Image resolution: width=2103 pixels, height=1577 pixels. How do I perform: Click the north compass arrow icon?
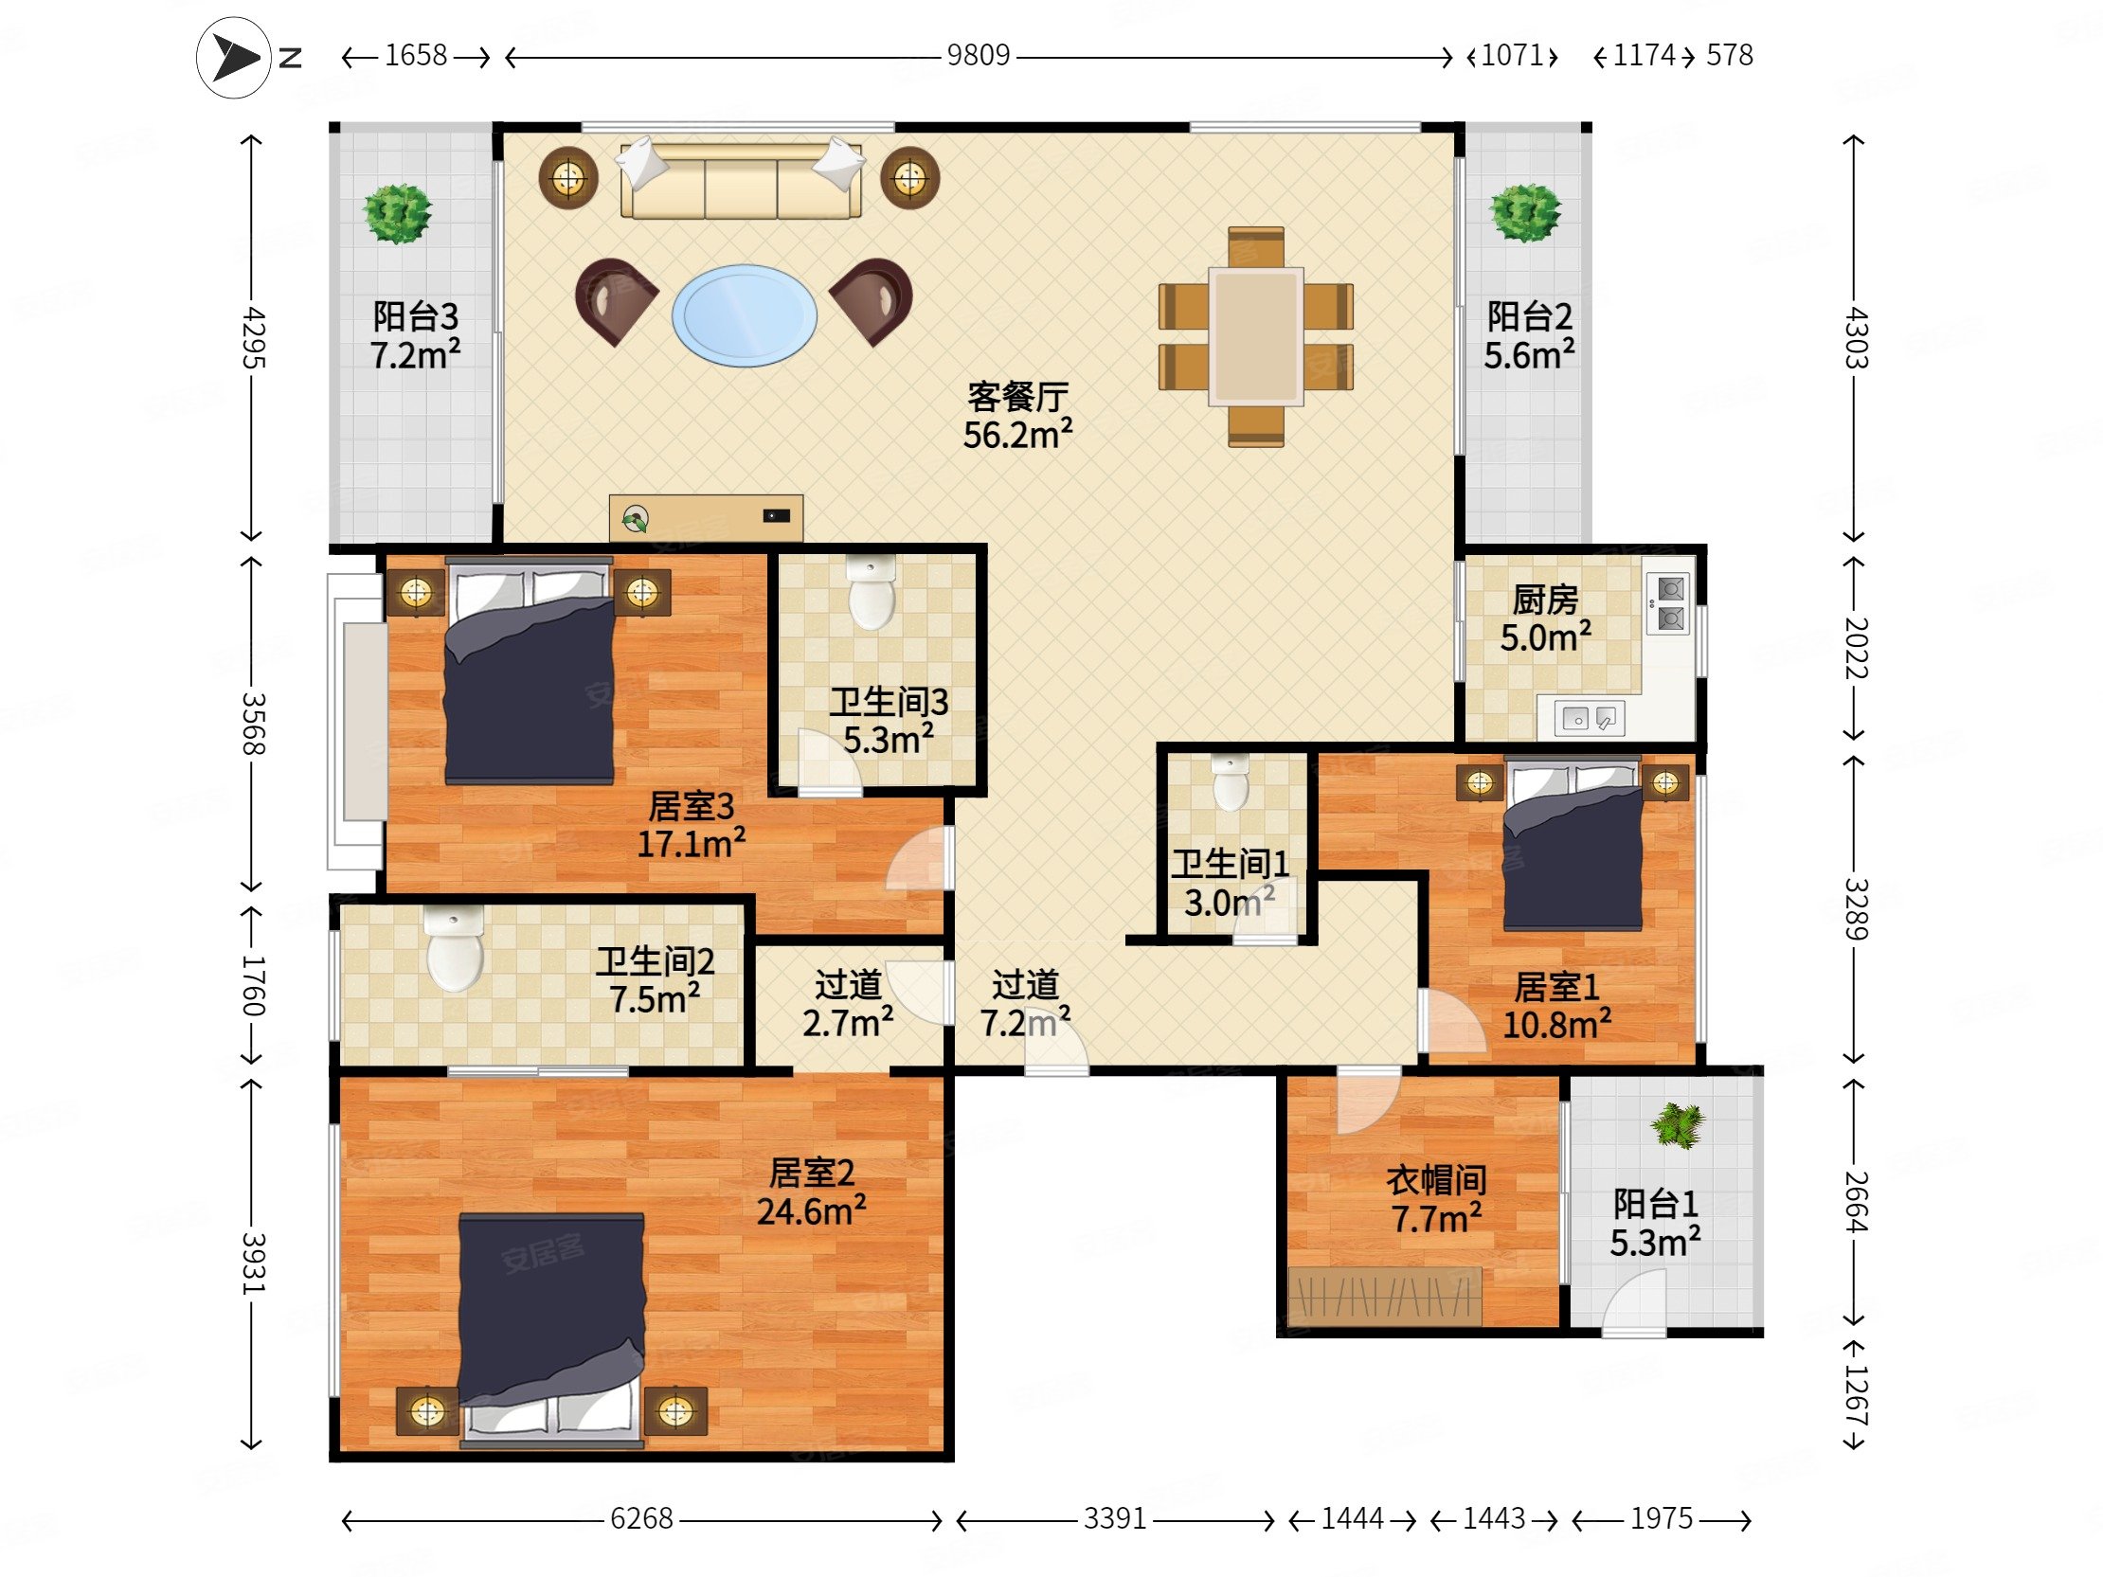(234, 58)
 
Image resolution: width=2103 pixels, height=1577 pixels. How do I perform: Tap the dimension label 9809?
(978, 56)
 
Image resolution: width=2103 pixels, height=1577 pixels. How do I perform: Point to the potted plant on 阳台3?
(398, 213)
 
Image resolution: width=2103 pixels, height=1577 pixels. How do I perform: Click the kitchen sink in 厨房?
(1589, 719)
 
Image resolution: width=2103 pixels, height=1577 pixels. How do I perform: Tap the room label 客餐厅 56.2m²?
(1017, 417)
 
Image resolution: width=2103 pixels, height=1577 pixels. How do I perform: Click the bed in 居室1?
(1573, 844)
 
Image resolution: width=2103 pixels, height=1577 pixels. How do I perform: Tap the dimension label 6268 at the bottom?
(640, 1519)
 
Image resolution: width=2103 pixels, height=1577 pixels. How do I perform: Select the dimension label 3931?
(252, 1263)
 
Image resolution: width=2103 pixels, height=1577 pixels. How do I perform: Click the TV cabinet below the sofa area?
(706, 518)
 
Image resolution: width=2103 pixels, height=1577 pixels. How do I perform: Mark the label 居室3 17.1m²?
(691, 825)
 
